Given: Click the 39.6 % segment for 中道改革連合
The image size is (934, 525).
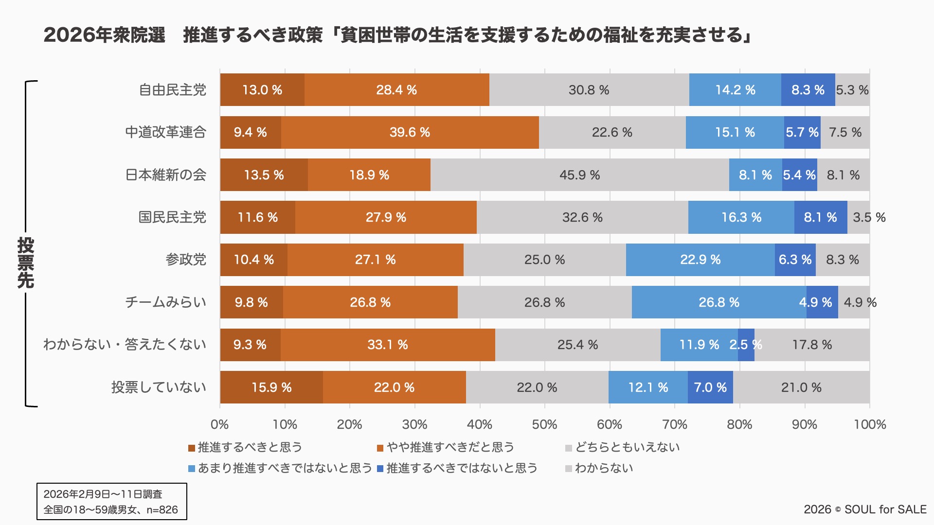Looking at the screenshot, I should coord(410,132).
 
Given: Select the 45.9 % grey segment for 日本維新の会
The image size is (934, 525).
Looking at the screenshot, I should coord(579,175).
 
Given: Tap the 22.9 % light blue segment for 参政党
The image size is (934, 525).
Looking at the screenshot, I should coord(700,260).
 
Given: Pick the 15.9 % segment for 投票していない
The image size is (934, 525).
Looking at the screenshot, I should coord(271,387).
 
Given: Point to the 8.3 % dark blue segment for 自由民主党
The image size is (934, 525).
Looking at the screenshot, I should coord(808,90).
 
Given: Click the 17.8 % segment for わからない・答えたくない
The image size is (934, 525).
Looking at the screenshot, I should coord(812,345).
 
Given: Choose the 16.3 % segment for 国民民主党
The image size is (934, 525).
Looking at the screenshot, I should coord(741,217).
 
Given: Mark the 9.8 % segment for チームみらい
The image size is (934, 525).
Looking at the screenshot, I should coord(251,302).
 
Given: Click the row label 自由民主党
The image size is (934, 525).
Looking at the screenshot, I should coord(172,90).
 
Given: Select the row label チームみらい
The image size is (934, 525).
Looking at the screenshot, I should coord(165,302).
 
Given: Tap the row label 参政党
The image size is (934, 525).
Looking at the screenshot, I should coord(186,260).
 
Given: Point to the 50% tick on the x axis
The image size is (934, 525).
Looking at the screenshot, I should coord(544,424).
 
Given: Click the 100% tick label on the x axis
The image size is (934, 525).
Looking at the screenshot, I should coord(870,424).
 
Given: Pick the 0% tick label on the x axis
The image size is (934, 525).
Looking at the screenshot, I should coord(219,424).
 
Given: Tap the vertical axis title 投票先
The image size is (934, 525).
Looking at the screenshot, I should coord(25,262).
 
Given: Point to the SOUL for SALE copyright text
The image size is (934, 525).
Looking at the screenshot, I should coord(865,509).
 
